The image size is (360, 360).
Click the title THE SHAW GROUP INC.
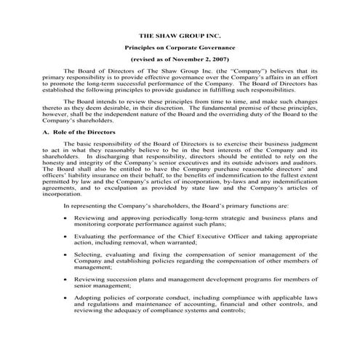179,34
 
